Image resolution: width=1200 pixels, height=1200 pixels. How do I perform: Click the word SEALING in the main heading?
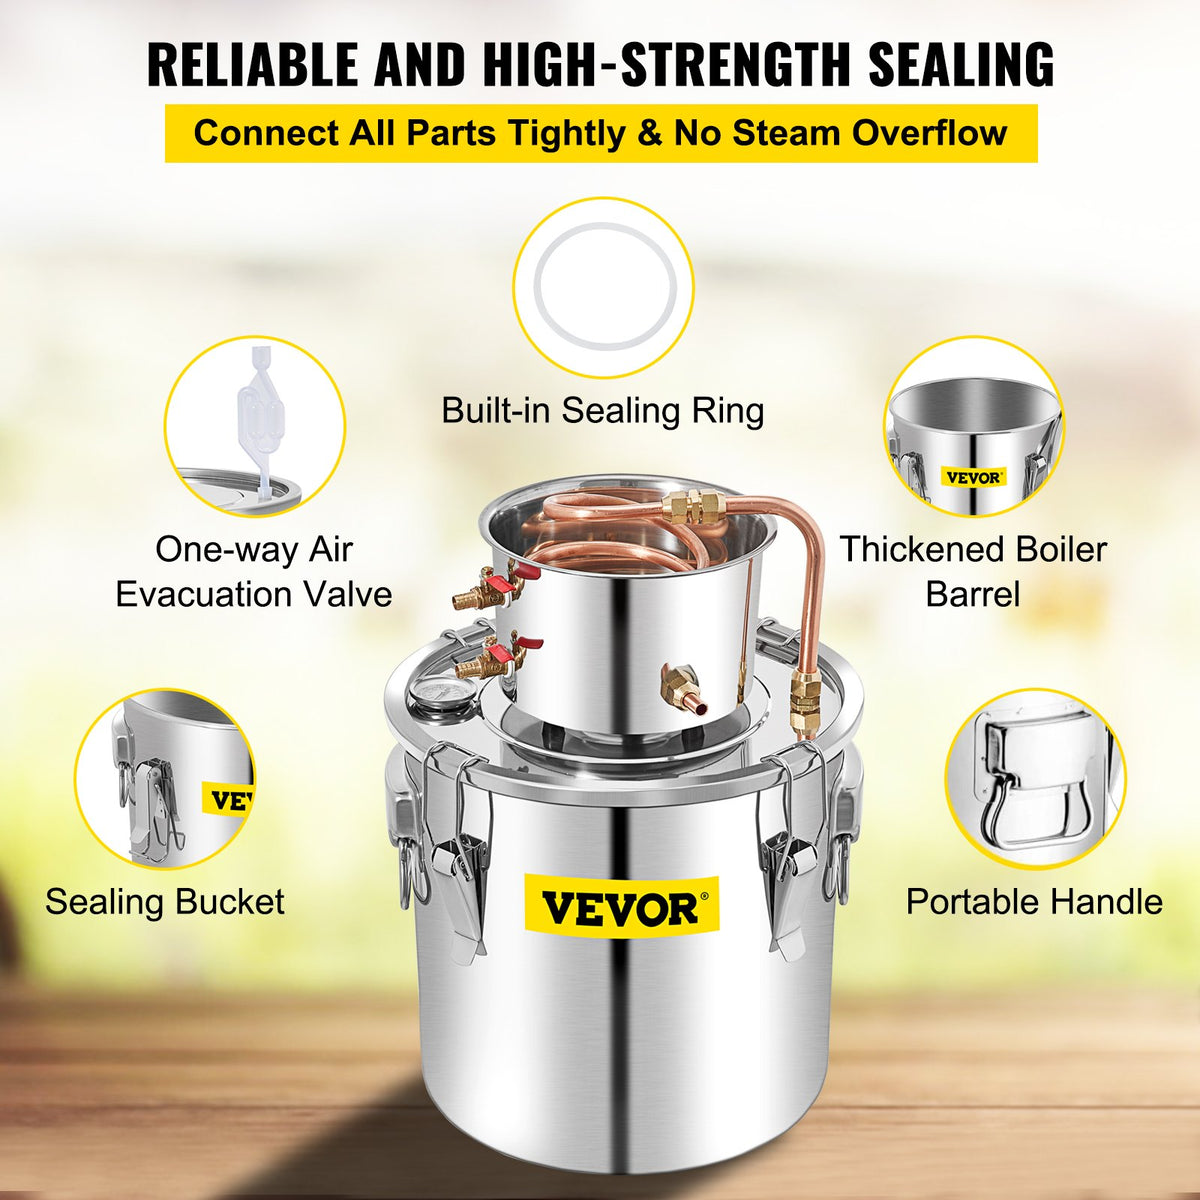960,64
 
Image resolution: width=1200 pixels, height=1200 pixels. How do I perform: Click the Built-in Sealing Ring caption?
603,410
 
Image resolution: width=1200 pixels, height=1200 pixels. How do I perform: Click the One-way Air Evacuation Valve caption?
254,571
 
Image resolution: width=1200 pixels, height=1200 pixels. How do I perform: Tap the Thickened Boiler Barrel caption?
973,571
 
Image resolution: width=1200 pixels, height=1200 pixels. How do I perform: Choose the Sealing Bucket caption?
165,901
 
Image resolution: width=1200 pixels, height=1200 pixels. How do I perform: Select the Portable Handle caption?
1034,901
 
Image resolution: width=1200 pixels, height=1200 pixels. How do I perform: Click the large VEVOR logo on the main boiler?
620,909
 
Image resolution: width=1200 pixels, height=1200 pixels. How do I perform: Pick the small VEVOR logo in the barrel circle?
973,477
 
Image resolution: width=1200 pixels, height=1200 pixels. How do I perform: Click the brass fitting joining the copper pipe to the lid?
803,699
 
